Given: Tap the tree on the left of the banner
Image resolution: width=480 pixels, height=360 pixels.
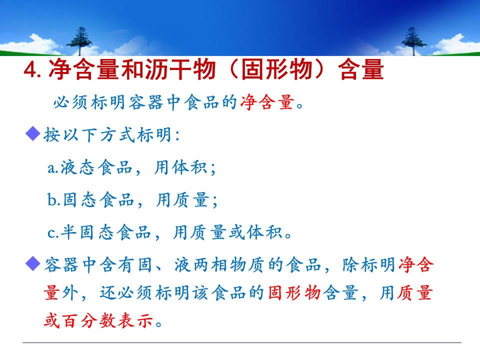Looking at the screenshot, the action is (x=79, y=41).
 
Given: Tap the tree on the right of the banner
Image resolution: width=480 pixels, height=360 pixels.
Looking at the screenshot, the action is (x=413, y=41).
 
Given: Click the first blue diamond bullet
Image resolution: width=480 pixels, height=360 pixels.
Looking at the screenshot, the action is (x=33, y=134).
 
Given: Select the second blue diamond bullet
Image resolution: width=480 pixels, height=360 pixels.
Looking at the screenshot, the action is (x=33, y=264).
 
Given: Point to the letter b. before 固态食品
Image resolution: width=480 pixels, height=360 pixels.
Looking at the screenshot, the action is (x=53, y=199).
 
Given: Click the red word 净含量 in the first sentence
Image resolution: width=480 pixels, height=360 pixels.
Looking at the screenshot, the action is (x=267, y=102).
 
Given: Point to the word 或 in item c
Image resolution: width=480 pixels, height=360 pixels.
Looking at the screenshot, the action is (x=237, y=232).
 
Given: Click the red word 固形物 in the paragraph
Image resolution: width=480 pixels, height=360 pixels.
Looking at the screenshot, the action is (x=294, y=292).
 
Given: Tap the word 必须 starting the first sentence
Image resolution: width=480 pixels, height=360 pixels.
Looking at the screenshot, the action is (x=71, y=102).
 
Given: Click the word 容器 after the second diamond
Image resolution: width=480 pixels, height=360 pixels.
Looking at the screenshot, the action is (x=61, y=264).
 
